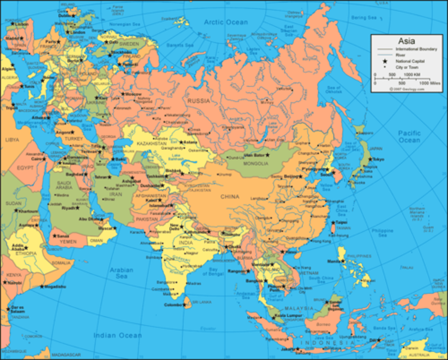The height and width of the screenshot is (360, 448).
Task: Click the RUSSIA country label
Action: [198, 101]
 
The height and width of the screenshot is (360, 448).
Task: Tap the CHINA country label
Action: [230, 197]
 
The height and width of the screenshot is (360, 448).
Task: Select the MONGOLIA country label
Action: [255, 163]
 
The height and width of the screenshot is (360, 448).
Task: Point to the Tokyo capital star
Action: [370, 159]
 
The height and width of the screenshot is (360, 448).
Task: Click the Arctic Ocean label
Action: [226, 22]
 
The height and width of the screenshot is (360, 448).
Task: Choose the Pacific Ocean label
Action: [409, 137]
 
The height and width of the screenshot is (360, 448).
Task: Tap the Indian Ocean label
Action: [118, 335]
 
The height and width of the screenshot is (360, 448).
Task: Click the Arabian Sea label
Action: [122, 273]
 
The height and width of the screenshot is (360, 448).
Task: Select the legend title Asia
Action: [406, 41]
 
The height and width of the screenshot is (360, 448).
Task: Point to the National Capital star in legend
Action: [385, 61]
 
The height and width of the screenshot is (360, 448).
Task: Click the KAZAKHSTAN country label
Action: [152, 143]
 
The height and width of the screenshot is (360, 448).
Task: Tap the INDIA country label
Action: [186, 242]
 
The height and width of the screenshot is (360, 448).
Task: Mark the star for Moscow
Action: [123, 94]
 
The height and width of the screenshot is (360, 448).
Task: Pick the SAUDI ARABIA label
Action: [64, 185]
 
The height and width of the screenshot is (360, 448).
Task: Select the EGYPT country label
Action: [25, 168]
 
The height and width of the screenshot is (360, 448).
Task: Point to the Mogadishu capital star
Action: [42, 286]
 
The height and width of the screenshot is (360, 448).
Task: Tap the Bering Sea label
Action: [364, 18]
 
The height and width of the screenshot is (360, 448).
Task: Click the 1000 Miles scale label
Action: [430, 83]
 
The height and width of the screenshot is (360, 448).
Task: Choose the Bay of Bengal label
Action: [213, 271]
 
